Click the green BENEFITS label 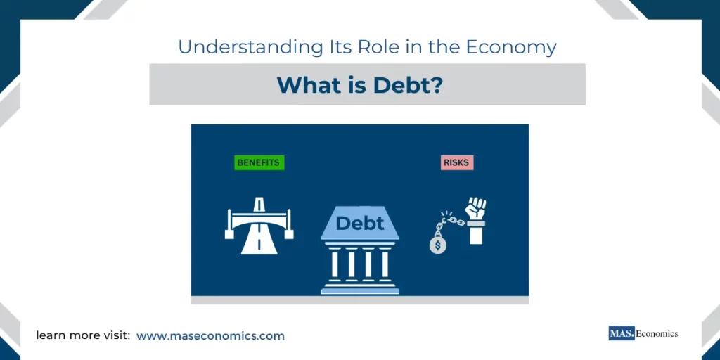258,162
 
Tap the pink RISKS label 456,162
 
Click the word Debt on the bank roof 360,224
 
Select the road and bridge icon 259,224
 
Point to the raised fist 476,208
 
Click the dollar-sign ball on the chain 438,245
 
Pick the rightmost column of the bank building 385,264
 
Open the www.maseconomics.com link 210,336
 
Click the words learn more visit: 83,336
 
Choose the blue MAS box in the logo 622,333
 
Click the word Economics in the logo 657,333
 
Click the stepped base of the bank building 360,287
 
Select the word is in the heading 351,85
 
